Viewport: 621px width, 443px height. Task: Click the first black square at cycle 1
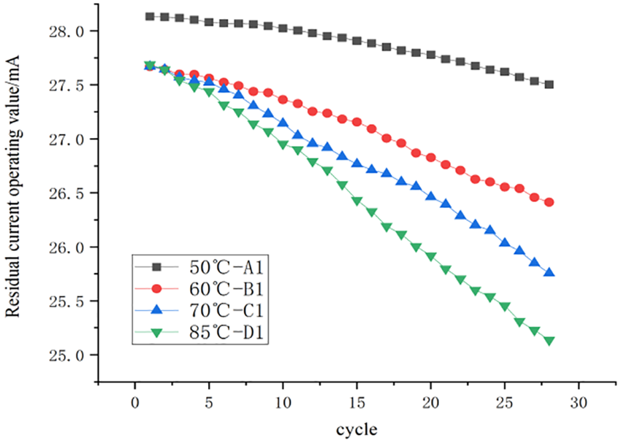tap(150, 16)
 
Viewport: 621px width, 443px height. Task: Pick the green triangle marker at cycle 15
tap(357, 201)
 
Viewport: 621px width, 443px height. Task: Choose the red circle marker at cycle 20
tap(431, 158)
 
